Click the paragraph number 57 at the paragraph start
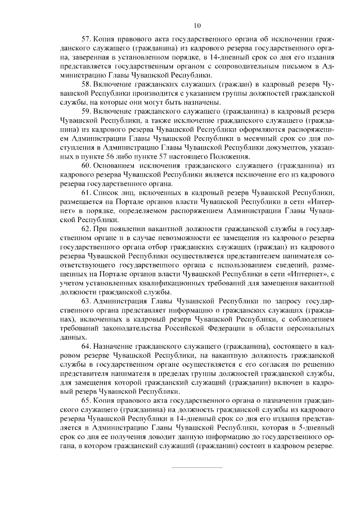(x=86, y=40)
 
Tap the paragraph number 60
(x=86, y=168)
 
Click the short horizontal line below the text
(x=197, y=467)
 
